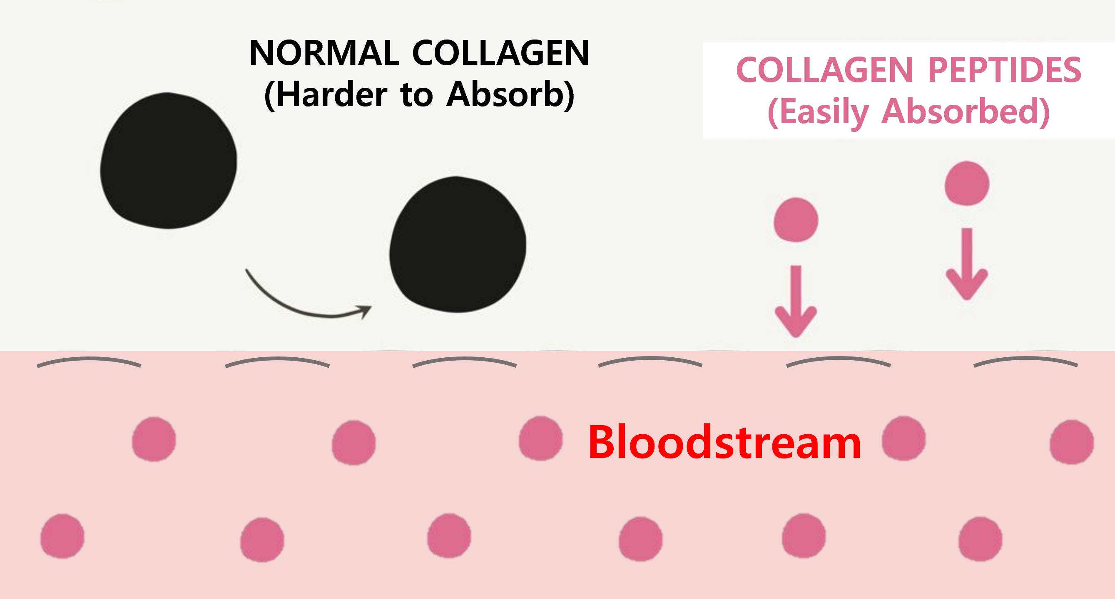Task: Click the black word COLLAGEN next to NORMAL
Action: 500,53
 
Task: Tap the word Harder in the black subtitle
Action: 331,95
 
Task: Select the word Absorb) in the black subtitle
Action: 511,95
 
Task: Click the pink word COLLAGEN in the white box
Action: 824,70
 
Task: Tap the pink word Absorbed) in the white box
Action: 965,111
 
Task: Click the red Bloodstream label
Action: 724,443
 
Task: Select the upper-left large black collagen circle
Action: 168,161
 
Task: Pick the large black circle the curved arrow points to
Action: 458,244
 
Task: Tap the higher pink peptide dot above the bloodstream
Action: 966,183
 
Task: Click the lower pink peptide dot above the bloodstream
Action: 796,220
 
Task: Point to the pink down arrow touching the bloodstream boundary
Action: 796,303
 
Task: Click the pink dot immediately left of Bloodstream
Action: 540,438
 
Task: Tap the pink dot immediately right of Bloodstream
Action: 904,438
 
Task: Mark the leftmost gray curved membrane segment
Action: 89,361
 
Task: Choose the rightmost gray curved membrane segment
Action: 1025,361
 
